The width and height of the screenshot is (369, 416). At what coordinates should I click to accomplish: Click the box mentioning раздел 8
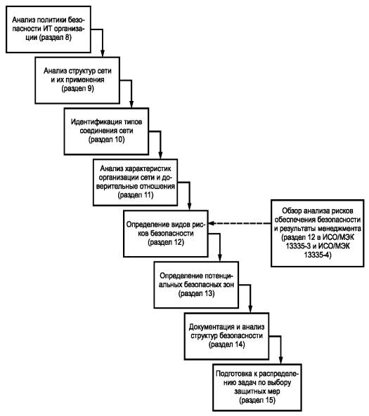48,29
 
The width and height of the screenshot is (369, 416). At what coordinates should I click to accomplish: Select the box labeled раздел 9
77,80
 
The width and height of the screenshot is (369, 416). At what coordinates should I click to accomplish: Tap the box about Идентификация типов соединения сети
106,131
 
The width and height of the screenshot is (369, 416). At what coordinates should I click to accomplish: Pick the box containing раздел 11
136,182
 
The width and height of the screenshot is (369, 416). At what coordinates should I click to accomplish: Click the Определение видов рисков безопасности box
166,234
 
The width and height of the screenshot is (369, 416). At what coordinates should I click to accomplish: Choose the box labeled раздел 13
196,285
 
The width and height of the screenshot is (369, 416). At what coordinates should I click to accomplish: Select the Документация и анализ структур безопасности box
226,336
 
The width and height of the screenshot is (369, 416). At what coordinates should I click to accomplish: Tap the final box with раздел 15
257,387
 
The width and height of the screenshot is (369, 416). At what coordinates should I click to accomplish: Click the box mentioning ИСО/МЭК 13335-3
318,233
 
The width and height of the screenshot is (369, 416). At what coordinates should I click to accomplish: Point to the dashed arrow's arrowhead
212,223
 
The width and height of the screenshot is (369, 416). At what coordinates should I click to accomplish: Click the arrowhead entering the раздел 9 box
103,53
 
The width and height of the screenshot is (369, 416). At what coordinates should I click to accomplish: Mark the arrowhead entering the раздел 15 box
280,361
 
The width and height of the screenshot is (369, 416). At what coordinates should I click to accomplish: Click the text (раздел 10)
106,140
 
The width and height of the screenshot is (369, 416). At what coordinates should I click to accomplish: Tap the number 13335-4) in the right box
318,255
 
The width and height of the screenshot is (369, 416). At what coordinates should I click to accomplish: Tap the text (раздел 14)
227,344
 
